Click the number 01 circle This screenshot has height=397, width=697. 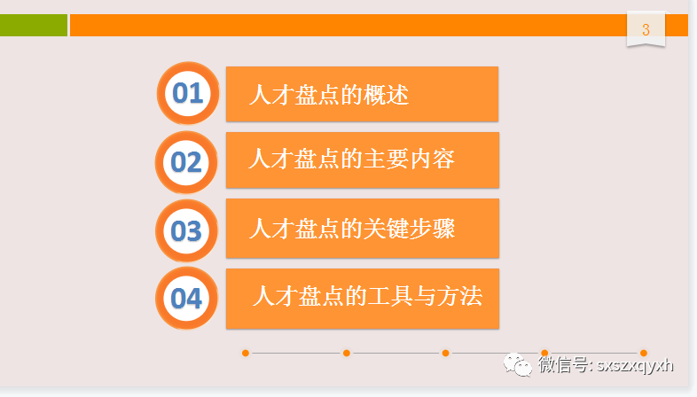point(187,93)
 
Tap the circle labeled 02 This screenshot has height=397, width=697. point(186,162)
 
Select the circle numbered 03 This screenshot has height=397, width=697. point(186,231)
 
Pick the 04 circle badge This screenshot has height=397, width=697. point(186,299)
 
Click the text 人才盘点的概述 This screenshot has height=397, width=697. point(329,95)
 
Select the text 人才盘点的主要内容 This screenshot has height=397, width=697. point(351,160)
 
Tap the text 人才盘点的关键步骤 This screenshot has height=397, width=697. point(352,229)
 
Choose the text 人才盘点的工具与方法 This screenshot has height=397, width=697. point(366,296)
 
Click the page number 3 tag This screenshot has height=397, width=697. point(646,30)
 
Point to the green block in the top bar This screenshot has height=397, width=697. point(33,26)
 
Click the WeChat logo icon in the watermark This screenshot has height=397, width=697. point(519,365)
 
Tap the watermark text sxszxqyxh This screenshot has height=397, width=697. point(636,365)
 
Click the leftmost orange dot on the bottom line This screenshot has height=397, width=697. point(246,353)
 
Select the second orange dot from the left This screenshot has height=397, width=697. point(346,353)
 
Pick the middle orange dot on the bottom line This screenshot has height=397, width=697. point(445,353)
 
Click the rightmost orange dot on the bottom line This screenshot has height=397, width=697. point(644,353)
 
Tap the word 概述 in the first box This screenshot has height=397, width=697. point(387,95)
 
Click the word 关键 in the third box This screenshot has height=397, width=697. point(387,229)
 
